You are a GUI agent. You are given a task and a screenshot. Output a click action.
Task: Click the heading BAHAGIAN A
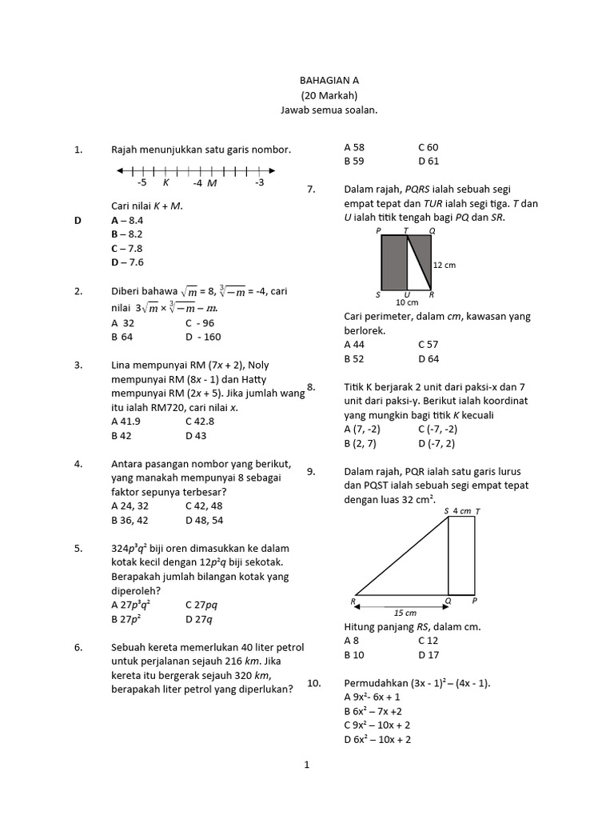(x=329, y=81)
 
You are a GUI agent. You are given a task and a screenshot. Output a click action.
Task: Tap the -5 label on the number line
(x=142, y=183)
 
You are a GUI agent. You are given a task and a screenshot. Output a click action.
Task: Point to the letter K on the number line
(x=165, y=183)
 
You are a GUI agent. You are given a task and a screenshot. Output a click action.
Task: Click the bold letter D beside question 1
(x=78, y=219)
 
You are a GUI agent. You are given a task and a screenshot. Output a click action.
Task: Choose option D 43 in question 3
(x=196, y=436)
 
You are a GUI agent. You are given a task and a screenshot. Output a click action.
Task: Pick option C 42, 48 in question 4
(x=204, y=506)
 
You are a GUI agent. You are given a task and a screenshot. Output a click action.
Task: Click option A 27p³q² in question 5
(x=133, y=605)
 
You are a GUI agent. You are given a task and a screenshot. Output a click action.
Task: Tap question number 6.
(x=78, y=647)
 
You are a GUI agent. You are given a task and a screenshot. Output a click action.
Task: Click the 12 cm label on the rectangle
(x=445, y=265)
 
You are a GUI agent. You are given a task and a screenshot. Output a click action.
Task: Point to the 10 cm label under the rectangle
(x=407, y=302)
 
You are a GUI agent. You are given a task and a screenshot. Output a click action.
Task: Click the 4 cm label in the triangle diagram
(x=462, y=510)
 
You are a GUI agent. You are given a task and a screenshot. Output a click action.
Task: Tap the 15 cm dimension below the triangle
(x=406, y=613)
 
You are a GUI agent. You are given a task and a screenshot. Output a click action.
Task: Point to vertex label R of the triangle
(x=353, y=601)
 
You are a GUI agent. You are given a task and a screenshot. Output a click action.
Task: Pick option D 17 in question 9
(x=429, y=655)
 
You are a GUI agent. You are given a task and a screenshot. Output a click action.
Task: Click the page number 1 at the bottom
(x=306, y=765)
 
